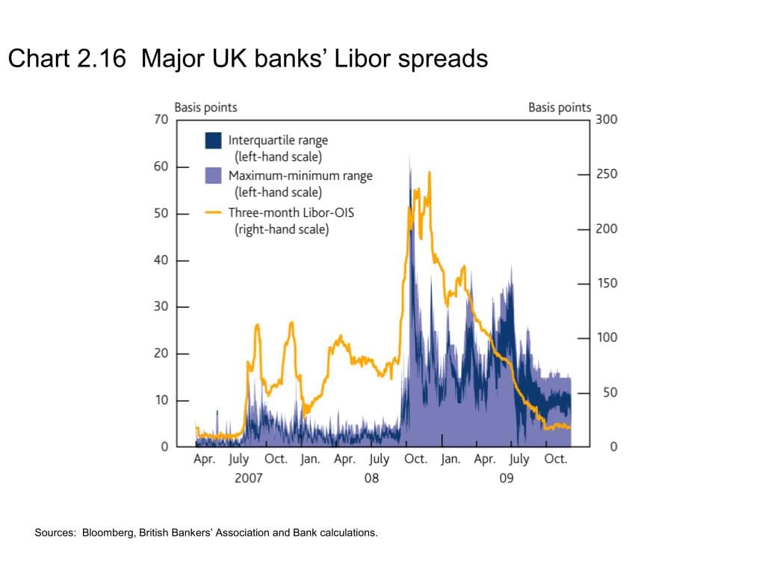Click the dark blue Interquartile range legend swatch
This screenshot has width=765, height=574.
click(213, 140)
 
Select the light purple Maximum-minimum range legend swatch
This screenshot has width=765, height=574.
click(213, 176)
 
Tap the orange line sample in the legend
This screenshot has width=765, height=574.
click(213, 212)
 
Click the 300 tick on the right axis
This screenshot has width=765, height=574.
click(607, 120)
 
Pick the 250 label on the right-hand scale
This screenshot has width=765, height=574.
click(607, 174)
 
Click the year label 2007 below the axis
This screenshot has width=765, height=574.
click(248, 478)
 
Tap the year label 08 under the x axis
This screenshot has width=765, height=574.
click(371, 478)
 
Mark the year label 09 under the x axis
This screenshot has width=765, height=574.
click(507, 478)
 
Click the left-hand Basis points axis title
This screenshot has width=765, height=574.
click(205, 107)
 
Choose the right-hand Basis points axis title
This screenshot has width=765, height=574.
click(560, 107)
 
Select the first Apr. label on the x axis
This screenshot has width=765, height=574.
click(204, 459)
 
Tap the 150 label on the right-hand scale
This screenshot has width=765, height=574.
click(607, 283)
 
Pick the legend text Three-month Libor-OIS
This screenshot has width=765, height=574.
click(291, 212)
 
